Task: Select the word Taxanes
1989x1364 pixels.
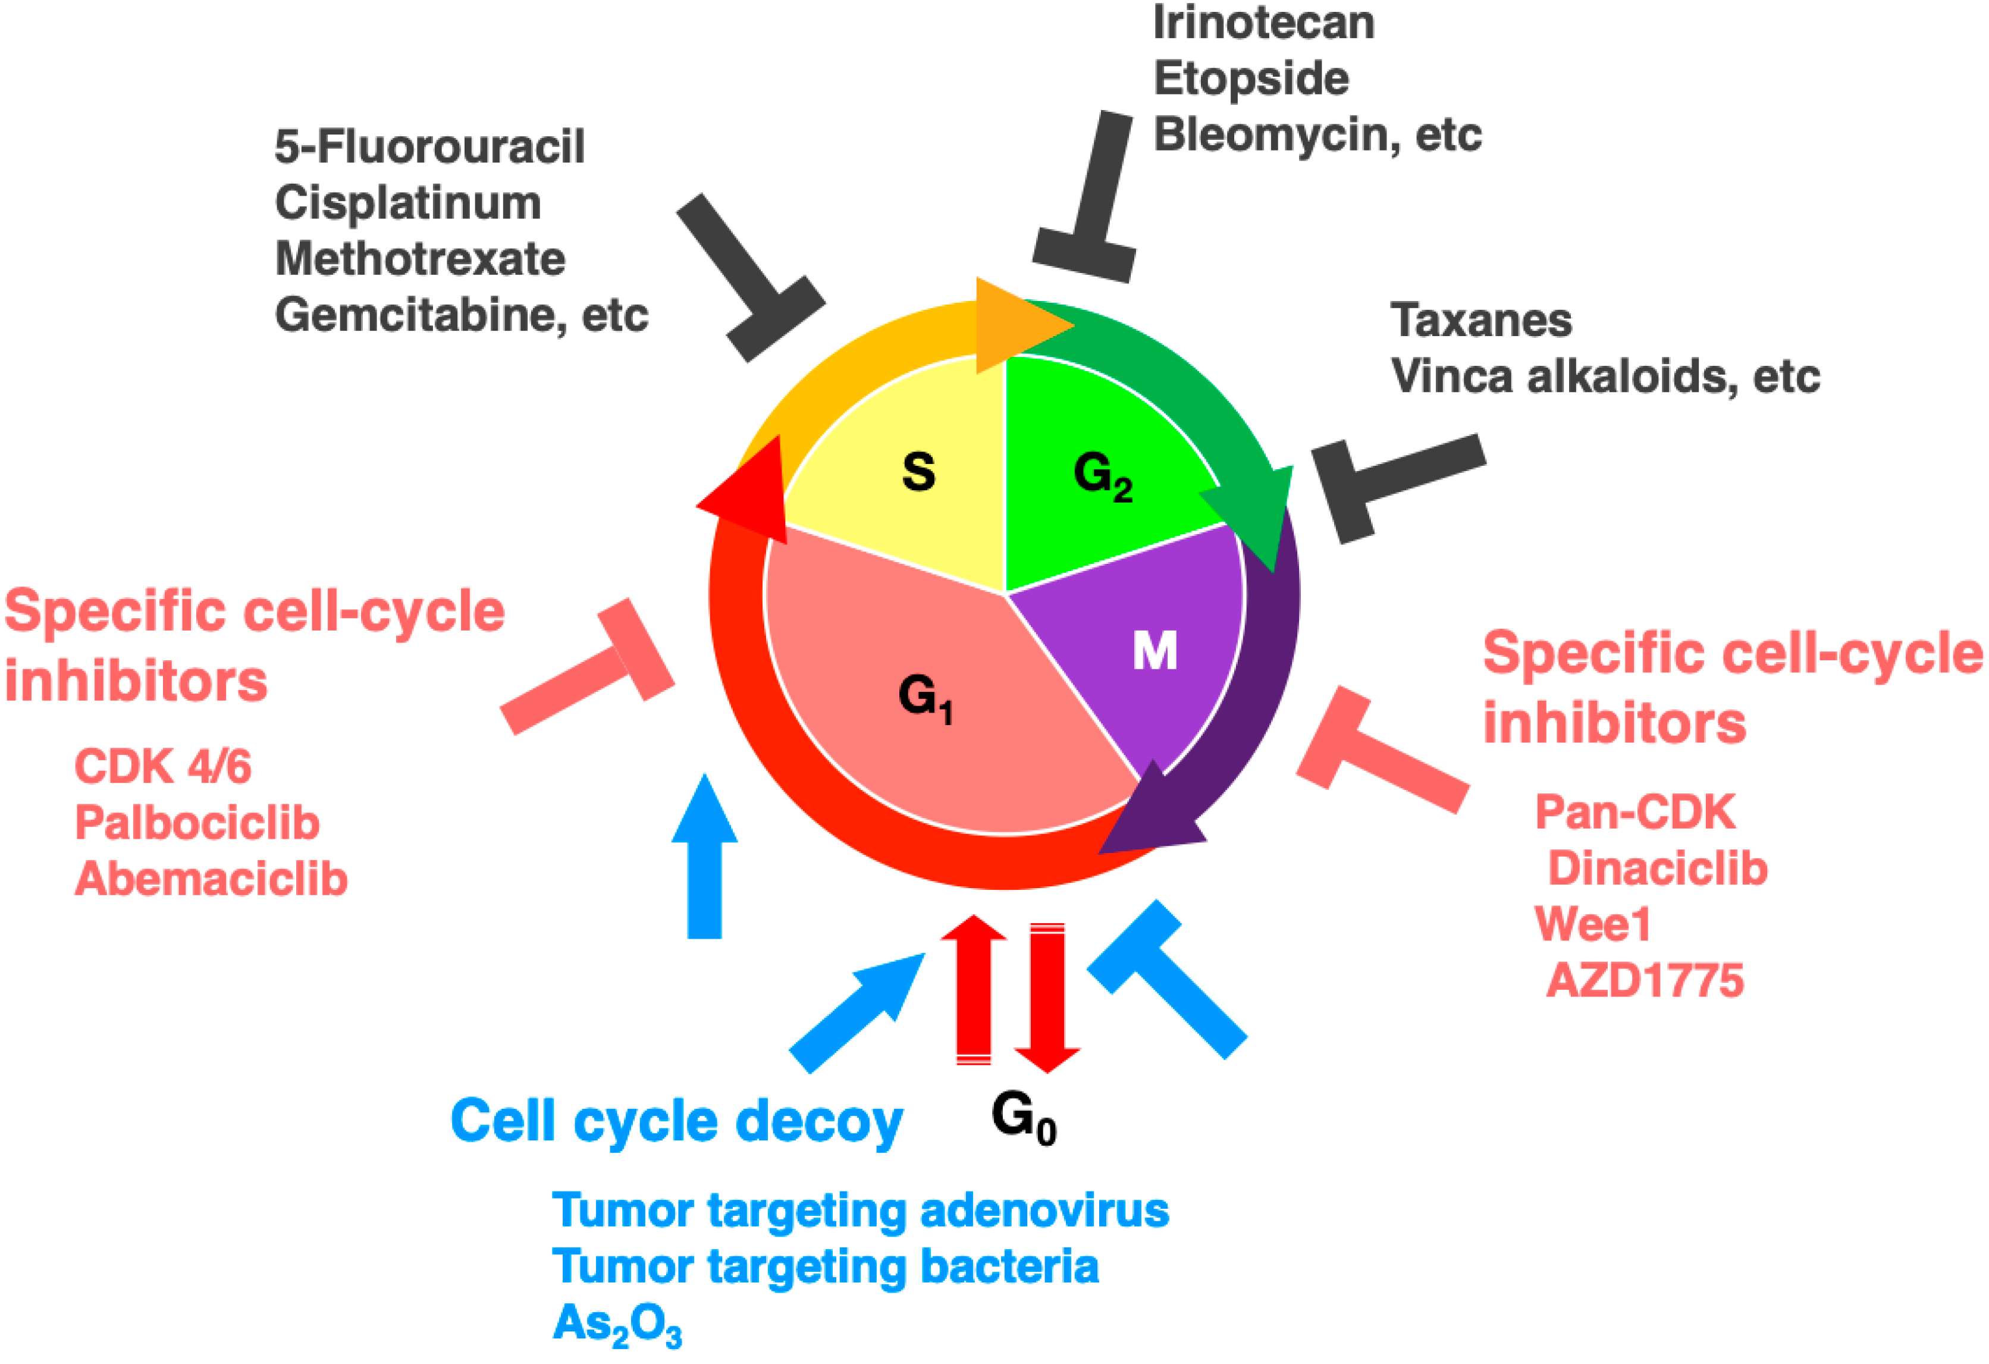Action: click(1480, 321)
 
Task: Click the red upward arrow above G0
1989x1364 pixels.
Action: click(974, 988)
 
